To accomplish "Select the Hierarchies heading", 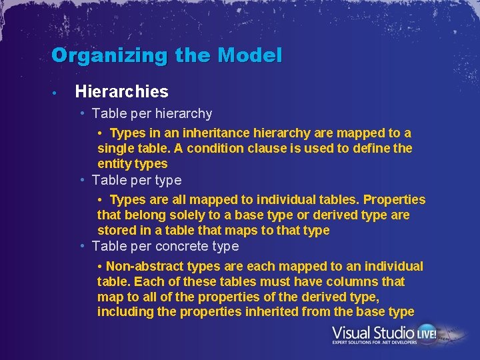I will [x=122, y=91].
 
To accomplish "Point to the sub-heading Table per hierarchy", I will [x=152, y=113].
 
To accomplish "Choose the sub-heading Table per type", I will [x=137, y=180].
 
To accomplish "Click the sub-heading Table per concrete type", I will [x=165, y=246].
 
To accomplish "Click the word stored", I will [x=116, y=230].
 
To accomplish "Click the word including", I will [x=123, y=311].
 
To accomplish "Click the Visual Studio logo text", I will [x=373, y=332].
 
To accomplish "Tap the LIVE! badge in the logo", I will [x=427, y=332].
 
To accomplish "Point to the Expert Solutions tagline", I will [x=375, y=343].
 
